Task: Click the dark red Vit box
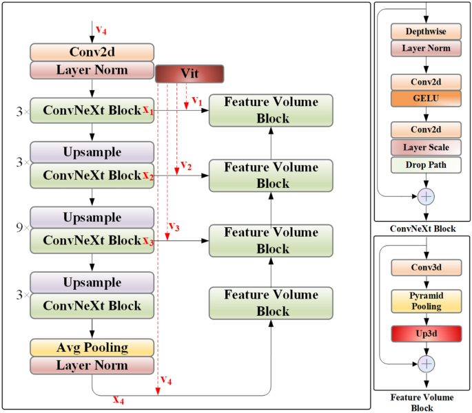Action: click(189, 74)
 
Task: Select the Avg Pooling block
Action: click(92, 347)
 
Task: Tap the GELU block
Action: click(425, 98)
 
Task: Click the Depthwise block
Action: click(425, 32)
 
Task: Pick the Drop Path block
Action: click(425, 165)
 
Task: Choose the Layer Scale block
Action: click(425, 147)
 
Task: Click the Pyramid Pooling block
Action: click(425, 301)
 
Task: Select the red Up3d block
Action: click(425, 333)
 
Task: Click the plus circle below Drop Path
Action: click(427, 196)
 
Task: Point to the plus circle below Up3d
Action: click(427, 363)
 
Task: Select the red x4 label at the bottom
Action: click(119, 399)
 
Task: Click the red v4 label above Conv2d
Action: click(101, 30)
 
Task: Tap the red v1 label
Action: click(196, 100)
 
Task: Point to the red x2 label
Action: click(148, 176)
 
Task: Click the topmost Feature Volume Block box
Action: click(270, 110)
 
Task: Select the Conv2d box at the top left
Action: click(92, 52)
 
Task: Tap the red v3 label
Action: click(174, 227)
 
